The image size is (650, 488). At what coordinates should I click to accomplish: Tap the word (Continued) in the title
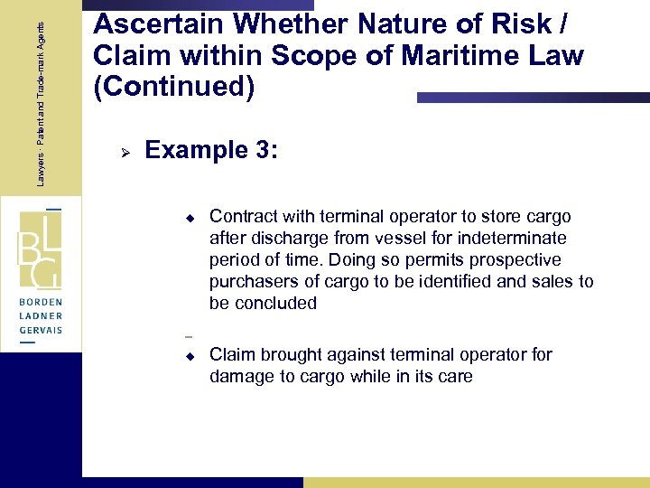click(x=174, y=89)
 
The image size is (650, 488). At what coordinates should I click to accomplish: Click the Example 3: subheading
click(x=211, y=149)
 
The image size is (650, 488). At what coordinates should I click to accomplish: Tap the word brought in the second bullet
click(x=287, y=354)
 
